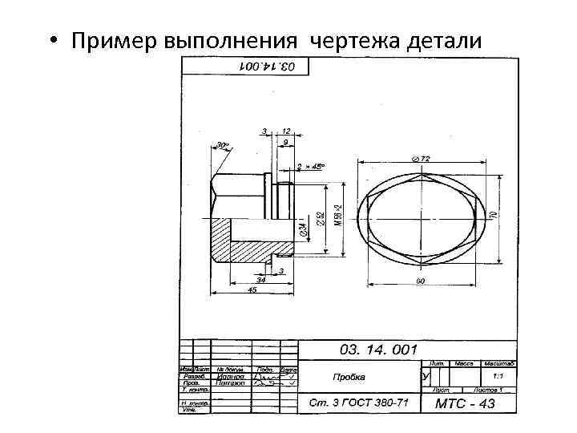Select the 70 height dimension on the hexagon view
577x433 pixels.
494,215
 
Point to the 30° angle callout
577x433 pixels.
220,146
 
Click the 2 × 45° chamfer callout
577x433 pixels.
310,167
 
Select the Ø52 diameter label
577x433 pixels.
320,218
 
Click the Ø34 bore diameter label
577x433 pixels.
302,230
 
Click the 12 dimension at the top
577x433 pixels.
286,131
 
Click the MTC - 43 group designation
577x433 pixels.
465,403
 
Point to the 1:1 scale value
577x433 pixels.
497,375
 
